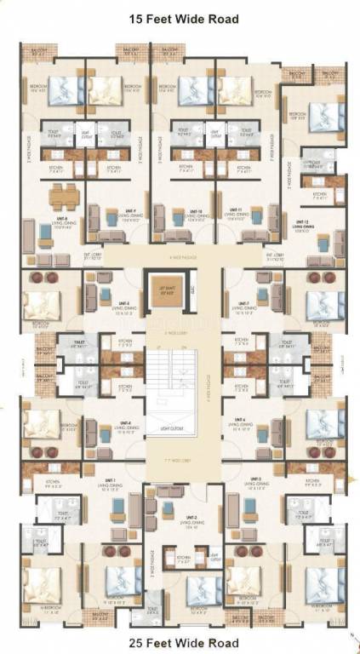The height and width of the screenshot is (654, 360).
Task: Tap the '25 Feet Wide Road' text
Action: [x=180, y=642]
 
